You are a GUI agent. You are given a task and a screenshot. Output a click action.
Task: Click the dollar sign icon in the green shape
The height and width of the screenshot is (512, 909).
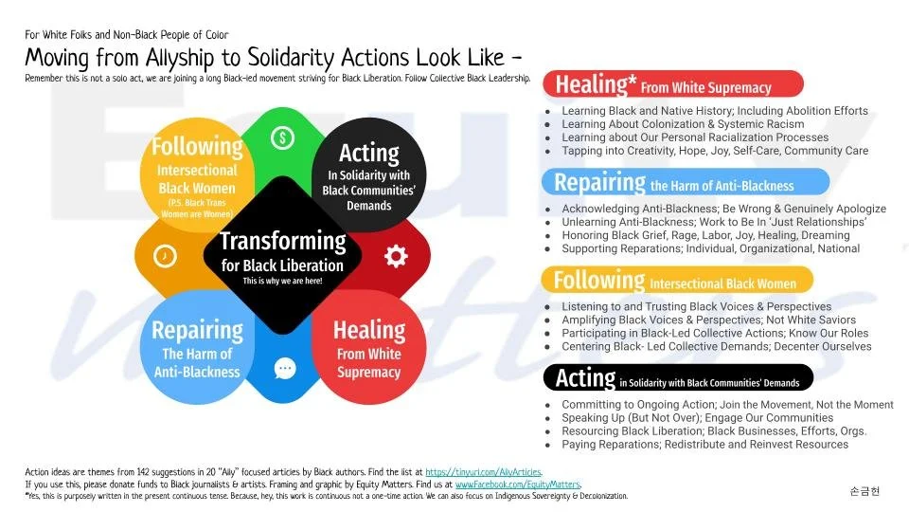point(281,138)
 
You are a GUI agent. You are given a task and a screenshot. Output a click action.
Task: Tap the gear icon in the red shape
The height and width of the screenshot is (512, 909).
point(395,256)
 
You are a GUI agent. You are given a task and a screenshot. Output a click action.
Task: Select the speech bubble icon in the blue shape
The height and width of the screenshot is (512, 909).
point(284,368)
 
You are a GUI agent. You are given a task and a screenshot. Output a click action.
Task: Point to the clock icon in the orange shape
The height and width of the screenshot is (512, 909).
point(165,256)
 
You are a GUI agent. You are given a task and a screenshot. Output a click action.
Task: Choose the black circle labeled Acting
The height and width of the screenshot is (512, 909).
point(368,172)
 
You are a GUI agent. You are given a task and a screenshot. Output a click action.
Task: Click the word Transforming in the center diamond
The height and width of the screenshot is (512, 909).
point(282,241)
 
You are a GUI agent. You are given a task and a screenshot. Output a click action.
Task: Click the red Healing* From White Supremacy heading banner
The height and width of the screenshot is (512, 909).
point(672,84)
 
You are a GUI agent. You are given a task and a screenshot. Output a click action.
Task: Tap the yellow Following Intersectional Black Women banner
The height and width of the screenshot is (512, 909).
point(676,281)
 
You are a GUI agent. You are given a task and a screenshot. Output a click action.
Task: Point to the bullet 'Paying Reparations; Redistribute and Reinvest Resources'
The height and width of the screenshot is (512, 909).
point(704,444)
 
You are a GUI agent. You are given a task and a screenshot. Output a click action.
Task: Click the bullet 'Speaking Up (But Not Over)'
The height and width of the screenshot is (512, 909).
point(697,417)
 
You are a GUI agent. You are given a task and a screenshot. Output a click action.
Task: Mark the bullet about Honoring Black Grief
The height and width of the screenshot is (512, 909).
point(705,235)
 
